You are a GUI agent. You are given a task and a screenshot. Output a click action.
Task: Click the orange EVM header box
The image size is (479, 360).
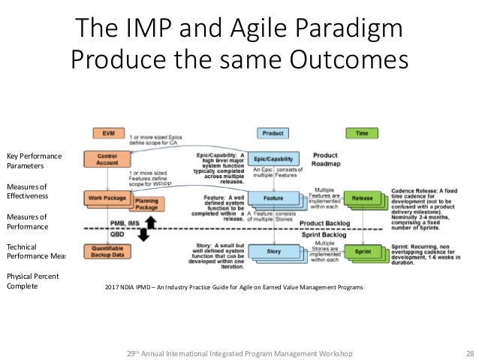[x=107, y=132]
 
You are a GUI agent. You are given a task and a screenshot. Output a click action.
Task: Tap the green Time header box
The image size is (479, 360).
[x=362, y=132]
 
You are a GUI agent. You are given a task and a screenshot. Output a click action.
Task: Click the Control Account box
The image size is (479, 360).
[x=108, y=159]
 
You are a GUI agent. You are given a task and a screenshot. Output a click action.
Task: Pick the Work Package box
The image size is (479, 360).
[x=106, y=198]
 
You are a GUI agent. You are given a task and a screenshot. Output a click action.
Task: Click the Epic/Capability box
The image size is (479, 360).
[x=274, y=159]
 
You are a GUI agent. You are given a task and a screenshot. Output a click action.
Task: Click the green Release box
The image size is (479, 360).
[x=362, y=198]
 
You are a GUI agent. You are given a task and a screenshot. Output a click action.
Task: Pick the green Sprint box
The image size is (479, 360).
[x=362, y=251]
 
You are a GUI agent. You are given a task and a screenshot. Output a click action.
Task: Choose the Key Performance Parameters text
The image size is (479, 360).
[x=33, y=160]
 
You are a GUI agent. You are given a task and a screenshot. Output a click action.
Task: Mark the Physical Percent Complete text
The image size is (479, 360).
[x=33, y=280]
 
